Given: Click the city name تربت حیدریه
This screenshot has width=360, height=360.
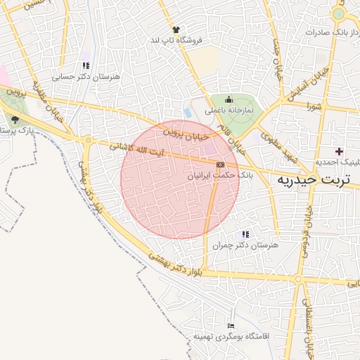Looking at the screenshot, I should pos(318,181).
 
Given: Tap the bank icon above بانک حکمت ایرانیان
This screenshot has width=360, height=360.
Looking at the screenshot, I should pos(221,164).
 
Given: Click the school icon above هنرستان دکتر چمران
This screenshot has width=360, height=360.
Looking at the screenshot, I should pos(245,234).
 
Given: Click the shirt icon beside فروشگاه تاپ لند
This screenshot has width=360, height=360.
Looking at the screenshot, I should pos(176,30).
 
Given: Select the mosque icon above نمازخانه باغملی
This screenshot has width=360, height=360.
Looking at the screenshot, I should pos(229,100).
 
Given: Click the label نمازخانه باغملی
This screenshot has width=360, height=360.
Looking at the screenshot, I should pos(229,110).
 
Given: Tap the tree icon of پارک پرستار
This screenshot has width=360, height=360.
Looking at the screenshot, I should pos(15,120).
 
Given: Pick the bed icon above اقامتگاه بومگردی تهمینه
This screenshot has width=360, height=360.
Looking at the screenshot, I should pos(231,326).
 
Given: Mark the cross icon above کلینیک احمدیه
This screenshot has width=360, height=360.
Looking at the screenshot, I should pos(339,151).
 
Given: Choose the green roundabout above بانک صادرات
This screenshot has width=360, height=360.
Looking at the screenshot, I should pos(339,13).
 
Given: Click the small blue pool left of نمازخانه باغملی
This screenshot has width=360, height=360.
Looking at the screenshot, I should pos(187,112).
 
